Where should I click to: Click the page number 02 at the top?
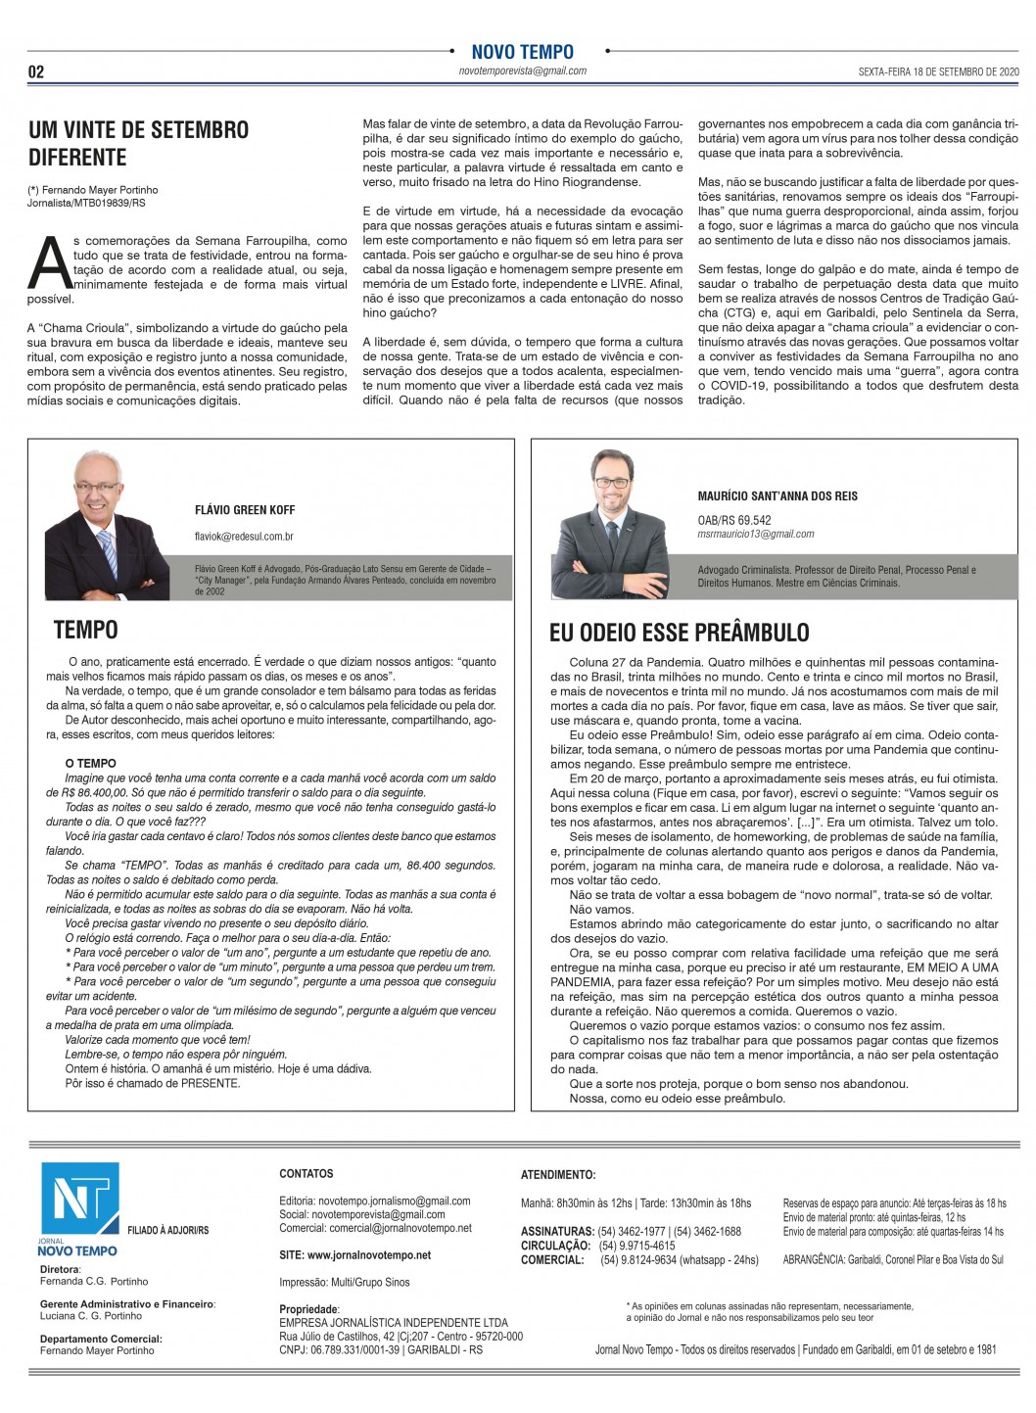point(35,71)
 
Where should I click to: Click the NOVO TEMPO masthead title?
point(522,52)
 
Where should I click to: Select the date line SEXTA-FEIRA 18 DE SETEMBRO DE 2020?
point(938,71)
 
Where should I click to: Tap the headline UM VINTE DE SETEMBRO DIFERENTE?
point(138,143)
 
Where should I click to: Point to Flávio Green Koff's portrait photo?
point(108,521)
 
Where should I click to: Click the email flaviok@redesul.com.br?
point(244,537)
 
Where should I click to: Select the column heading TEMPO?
point(85,630)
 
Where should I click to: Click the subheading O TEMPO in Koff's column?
point(90,763)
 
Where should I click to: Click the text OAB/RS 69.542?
point(733,520)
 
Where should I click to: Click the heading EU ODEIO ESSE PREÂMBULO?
point(679,633)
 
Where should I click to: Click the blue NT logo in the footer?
point(79,1199)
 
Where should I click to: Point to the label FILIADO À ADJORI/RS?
point(167,1230)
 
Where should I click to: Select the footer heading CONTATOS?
point(306,1173)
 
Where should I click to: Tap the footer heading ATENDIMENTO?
point(557,1174)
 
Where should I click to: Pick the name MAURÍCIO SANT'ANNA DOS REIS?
point(777,496)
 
